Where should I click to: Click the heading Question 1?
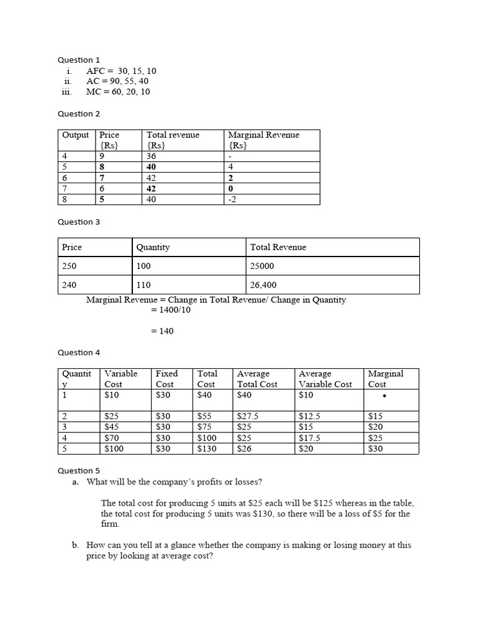coord(79,60)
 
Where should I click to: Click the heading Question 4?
coord(79,352)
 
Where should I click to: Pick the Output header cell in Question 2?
coord(76,135)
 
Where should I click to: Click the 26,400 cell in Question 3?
coord(263,285)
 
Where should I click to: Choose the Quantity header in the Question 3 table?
coord(153,247)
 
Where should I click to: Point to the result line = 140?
coord(162,331)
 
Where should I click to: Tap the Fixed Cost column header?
coord(166,378)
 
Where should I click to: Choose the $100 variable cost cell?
coord(115,448)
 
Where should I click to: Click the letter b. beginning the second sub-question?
coord(75,545)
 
